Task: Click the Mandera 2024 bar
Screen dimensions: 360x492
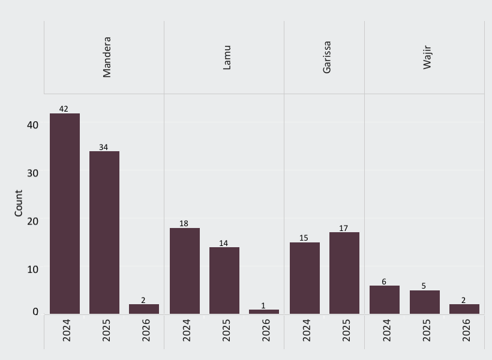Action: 65,213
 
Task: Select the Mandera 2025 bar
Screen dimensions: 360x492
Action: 104,232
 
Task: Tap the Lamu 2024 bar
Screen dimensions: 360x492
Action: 185,271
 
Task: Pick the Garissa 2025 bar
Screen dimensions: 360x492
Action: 344,273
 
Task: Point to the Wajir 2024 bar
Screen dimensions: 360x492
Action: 385,299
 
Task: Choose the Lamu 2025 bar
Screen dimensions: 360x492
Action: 224,280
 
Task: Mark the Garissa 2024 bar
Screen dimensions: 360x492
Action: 305,278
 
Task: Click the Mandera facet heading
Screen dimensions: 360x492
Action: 107,57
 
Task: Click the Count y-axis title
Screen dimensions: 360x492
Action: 19,203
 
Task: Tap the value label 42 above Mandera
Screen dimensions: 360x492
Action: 64,109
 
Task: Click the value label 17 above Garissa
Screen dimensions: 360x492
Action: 343,229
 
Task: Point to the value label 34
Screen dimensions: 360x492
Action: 103,147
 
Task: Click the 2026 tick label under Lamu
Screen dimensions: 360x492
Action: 266,330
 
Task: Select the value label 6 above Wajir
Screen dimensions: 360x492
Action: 384,281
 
